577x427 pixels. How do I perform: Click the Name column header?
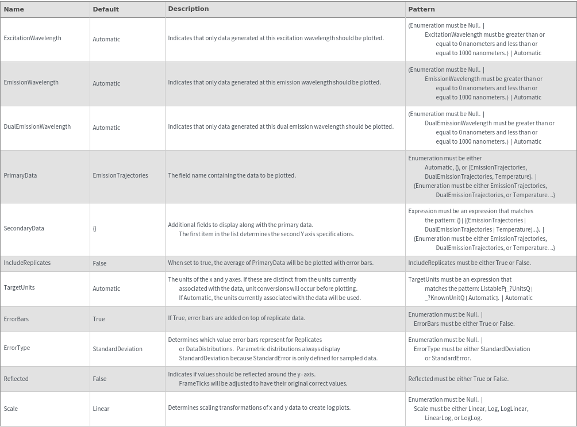pos(14,9)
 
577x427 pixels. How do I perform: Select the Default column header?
pos(106,9)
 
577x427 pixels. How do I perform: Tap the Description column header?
pos(189,9)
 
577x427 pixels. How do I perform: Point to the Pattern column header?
pos(421,9)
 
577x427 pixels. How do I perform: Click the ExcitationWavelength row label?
pos(32,38)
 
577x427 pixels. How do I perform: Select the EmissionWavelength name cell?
pos(31,82)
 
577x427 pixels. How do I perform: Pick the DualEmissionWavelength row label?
pos(37,126)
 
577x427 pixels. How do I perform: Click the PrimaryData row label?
pos(20,175)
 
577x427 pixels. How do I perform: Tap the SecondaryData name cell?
pos(24,228)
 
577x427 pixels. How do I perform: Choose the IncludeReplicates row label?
pos(27,263)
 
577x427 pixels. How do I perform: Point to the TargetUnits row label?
pos(19,287)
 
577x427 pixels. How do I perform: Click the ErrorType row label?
pos(17,348)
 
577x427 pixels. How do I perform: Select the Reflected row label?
pos(16,379)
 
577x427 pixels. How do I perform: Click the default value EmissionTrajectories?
pos(120,175)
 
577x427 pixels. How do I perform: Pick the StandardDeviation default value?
pos(117,349)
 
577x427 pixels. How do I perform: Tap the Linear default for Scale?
pos(101,409)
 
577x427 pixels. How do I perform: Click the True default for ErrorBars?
pos(99,319)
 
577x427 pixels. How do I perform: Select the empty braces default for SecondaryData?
pos(95,228)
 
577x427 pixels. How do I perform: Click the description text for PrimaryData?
pos(232,175)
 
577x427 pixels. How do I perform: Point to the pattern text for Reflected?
pos(458,379)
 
